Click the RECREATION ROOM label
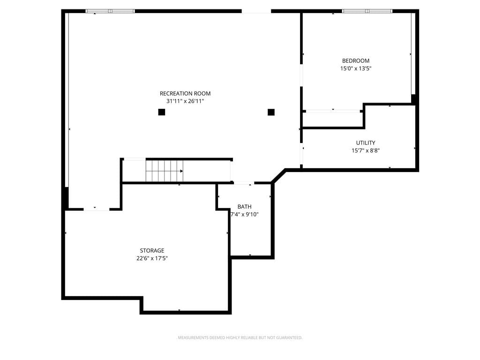pos(185,93)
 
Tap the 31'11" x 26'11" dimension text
pos(185,101)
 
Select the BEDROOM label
pos(356,60)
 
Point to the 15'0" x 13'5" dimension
pos(356,68)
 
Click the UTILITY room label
pos(366,142)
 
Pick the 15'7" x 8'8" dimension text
pos(366,150)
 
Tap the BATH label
pos(244,207)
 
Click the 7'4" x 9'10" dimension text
pos(244,214)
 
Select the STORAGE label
pos(152,250)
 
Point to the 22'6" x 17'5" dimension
pos(152,258)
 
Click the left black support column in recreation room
pos(162,112)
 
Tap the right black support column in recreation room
pos(271,112)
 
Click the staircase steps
pos(165,171)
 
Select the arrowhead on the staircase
pos(181,171)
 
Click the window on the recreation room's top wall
pos(110,11)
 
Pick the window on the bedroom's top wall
pos(367,11)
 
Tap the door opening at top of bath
pos(244,183)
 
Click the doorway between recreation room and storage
pos(97,210)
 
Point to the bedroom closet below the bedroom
pos(332,119)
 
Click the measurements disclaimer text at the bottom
pos(240,337)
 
